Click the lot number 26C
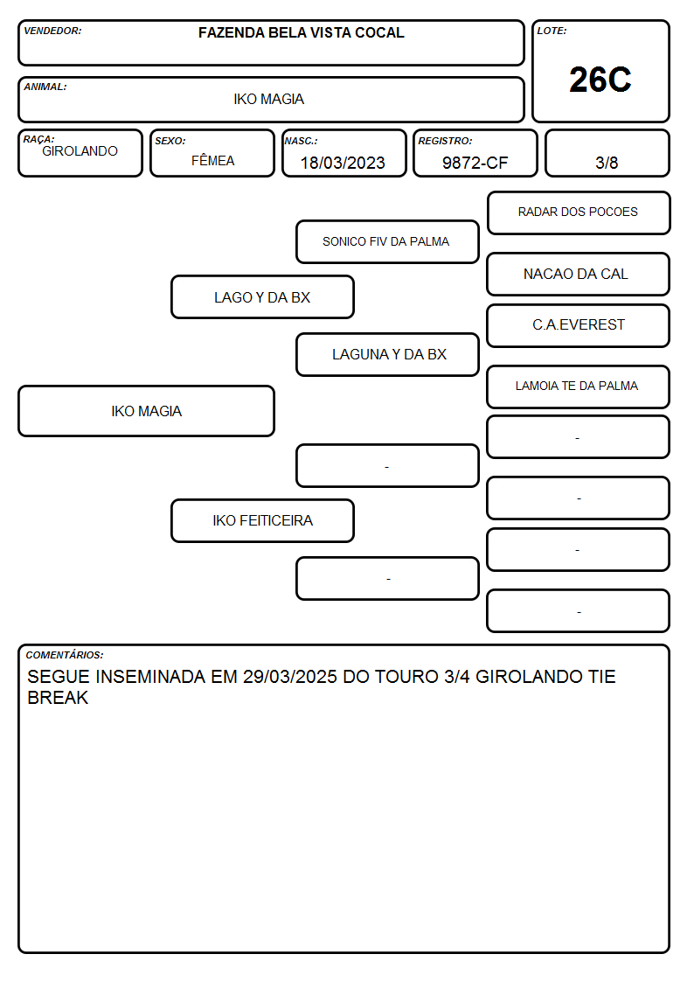click(600, 80)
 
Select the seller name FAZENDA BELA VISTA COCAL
click(301, 32)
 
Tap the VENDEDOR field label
click(52, 31)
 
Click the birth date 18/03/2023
click(343, 163)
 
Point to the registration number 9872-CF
click(475, 163)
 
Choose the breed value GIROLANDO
click(80, 151)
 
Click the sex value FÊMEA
click(212, 160)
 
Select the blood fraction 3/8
click(607, 163)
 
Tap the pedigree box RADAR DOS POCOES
click(579, 213)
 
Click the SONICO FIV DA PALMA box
click(387, 241)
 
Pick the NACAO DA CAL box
click(579, 274)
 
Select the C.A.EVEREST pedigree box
click(579, 325)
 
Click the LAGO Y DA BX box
click(262, 296)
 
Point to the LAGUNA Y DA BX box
click(387, 354)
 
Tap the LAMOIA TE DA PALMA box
click(579, 387)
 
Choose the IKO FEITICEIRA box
click(262, 520)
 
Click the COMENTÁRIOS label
click(65, 655)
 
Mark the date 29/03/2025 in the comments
click(289, 676)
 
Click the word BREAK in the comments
click(58, 698)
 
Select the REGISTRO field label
click(445, 141)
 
